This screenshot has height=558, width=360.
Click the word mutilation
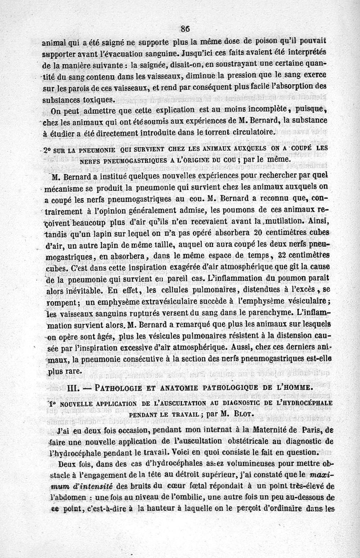(282, 221)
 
